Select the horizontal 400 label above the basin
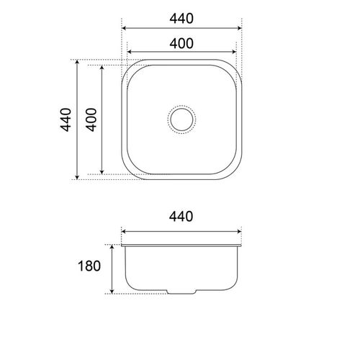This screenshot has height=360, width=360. [181, 42]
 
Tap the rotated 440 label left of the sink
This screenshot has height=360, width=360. [66, 120]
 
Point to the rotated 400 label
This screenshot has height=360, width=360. [91, 120]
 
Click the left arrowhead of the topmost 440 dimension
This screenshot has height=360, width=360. [124, 27]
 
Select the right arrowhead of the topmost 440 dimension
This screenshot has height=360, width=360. [240, 27]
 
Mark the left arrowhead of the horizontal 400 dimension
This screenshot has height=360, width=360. [130, 53]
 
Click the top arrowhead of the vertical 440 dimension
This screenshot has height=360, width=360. [77, 63]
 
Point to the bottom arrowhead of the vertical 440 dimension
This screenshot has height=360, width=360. [77, 177]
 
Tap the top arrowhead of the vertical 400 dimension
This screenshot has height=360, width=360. [102, 68]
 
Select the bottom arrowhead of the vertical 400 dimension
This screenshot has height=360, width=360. [102, 173]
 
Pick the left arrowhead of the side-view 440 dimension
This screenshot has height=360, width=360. [122, 233]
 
